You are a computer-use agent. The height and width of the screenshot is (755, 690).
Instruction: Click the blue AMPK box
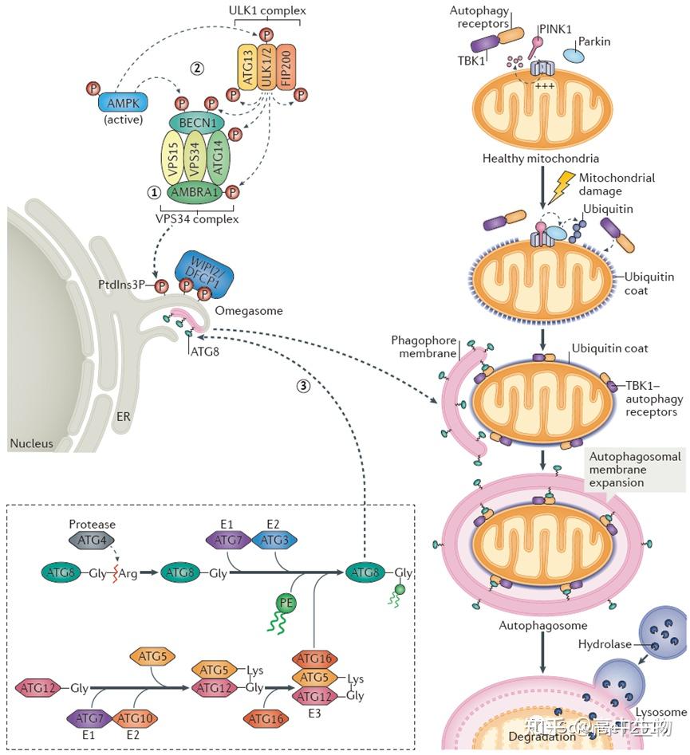click(x=120, y=103)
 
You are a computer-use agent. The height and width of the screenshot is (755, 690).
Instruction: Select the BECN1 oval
click(x=196, y=124)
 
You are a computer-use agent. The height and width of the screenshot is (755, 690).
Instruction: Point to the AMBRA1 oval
click(x=195, y=191)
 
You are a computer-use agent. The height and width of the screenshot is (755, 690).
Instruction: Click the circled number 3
click(x=302, y=386)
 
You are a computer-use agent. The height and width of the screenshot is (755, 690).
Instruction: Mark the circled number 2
click(x=196, y=68)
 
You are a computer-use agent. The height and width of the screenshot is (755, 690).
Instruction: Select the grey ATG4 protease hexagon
click(x=93, y=542)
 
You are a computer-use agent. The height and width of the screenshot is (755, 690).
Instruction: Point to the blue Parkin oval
click(x=583, y=55)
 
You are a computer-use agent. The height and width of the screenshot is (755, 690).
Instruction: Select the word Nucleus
click(x=32, y=443)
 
